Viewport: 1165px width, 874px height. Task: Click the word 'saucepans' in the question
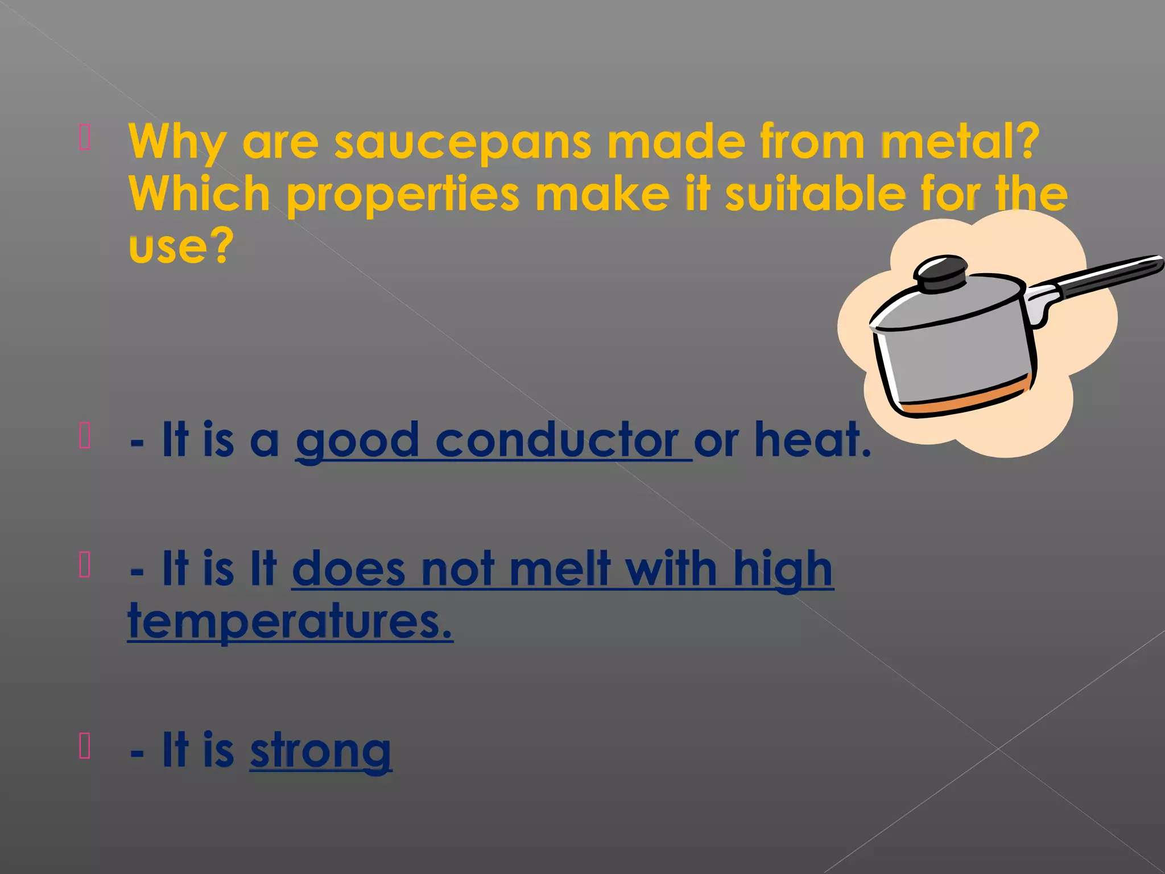462,142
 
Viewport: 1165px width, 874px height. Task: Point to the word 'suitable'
815,193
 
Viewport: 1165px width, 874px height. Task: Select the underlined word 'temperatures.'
290,621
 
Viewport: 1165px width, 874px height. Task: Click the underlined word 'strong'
321,751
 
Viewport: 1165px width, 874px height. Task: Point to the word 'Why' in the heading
177,142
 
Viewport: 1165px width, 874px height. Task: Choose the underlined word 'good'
357,441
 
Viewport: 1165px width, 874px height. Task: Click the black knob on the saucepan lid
942,274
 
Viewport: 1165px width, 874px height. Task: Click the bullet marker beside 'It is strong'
85,747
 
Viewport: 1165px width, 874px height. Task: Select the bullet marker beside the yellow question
85,138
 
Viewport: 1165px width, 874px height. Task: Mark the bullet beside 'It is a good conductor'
85,436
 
